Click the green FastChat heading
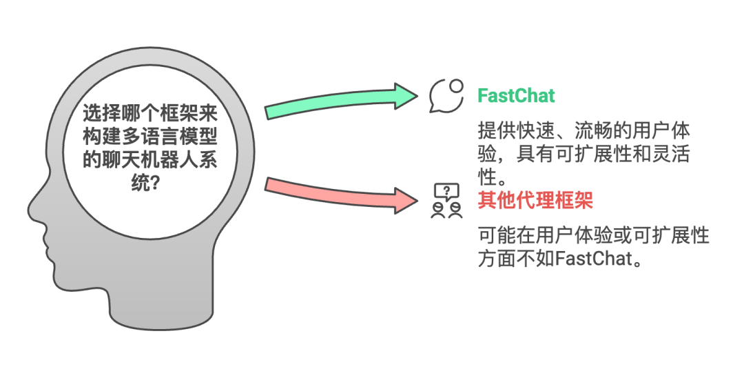516,96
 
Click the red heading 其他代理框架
535,201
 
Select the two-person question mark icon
446,201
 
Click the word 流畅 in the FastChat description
593,130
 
